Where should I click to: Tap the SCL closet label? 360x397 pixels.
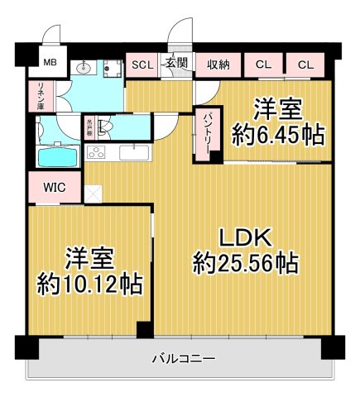point(141,65)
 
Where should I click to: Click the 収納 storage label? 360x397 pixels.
point(218,65)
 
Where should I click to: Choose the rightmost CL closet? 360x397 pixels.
point(305,65)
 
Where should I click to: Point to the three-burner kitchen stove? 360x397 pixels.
point(97,153)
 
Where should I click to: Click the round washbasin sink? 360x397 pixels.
point(82,69)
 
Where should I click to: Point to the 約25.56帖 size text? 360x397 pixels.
point(246,265)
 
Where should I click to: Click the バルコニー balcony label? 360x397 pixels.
point(184,360)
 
